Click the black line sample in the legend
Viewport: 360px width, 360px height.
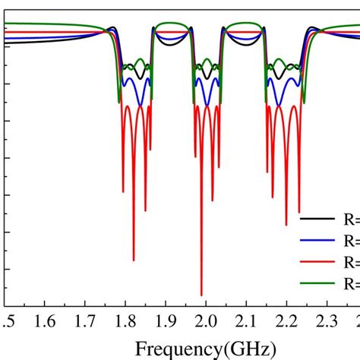318,219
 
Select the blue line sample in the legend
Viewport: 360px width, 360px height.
318,241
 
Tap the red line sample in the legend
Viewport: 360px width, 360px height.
318,263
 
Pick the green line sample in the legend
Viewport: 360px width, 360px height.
318,285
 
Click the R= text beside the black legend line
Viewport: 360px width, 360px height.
351,219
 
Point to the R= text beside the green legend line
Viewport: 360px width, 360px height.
351,285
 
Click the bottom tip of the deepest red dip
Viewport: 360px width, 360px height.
201,295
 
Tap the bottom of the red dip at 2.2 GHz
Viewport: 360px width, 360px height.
286,225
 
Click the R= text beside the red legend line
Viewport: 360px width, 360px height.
351,263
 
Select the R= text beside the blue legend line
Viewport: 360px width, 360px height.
351,241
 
